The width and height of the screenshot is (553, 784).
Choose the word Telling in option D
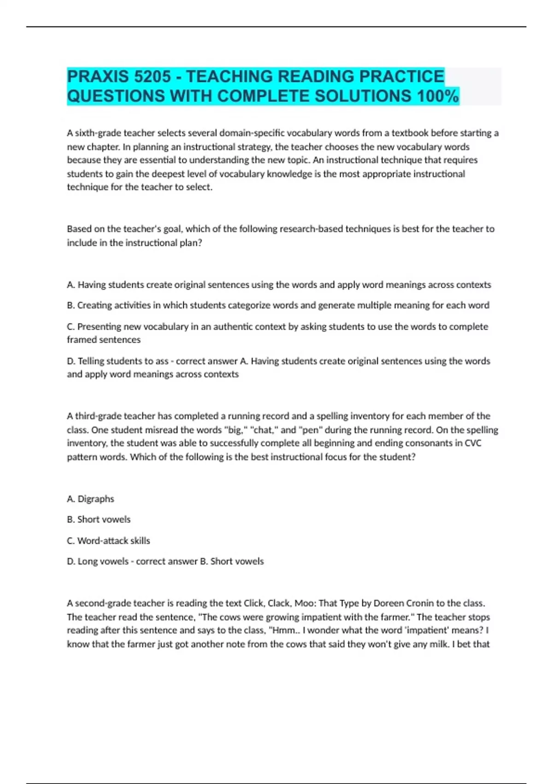93,361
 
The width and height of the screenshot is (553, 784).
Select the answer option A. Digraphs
90,499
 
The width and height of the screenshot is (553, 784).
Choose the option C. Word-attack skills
108,541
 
